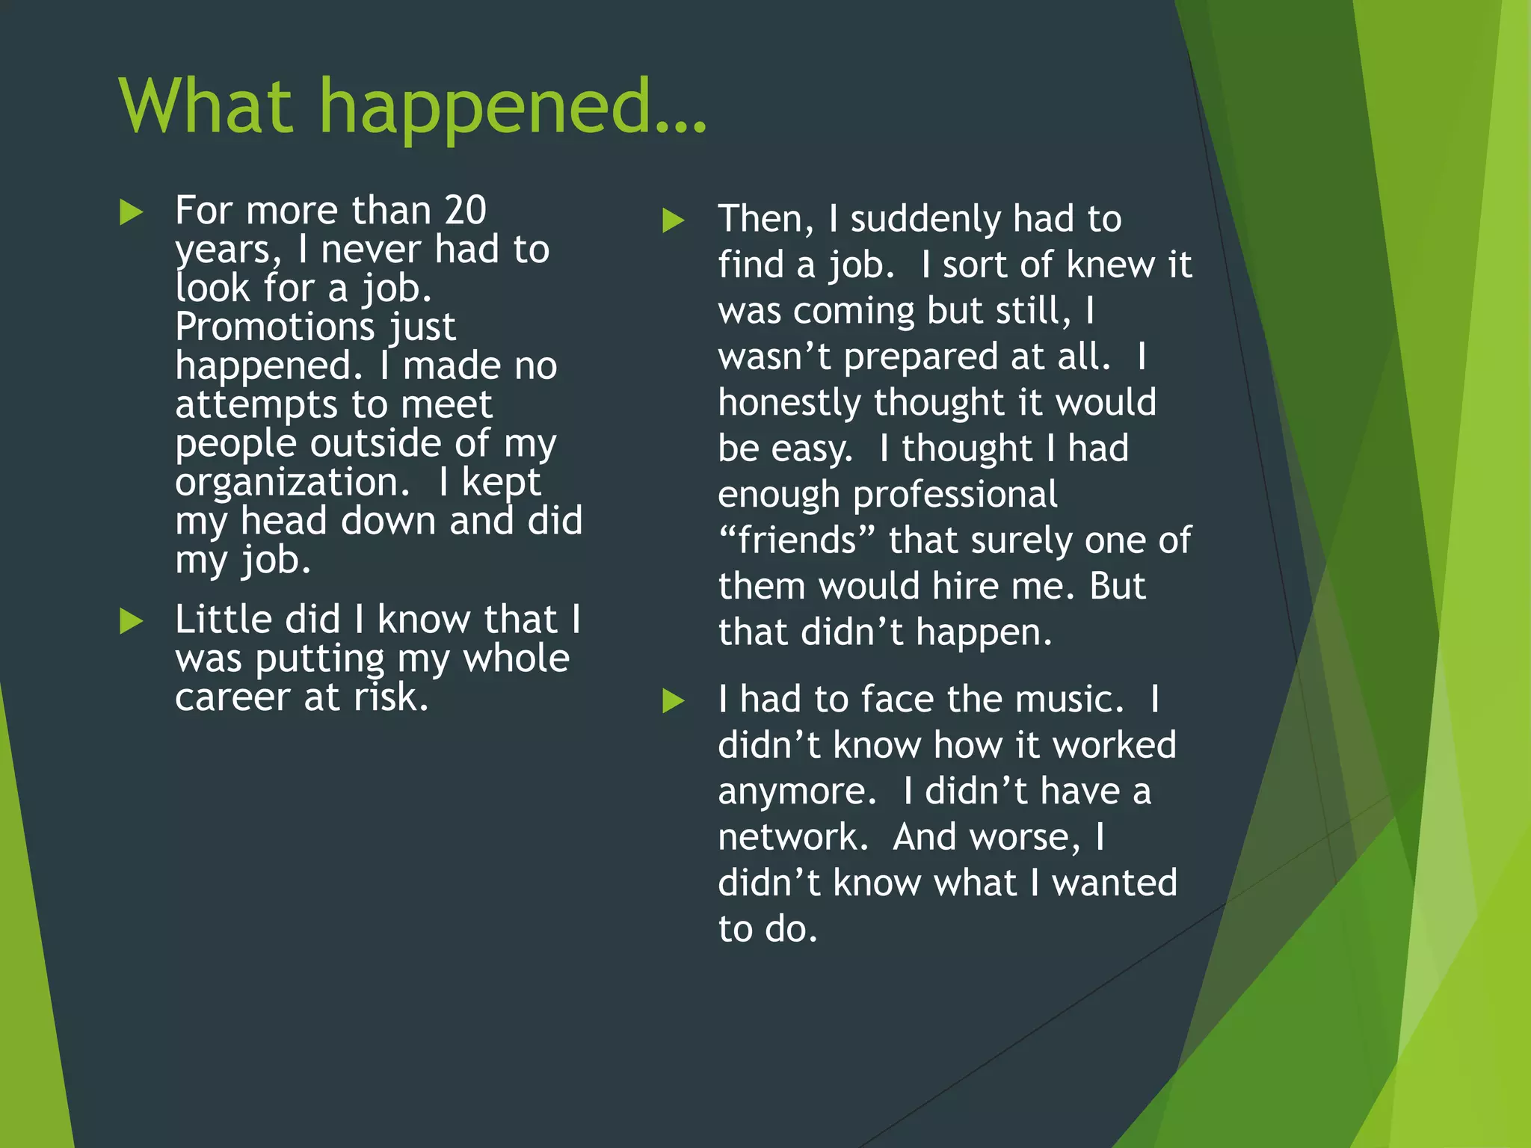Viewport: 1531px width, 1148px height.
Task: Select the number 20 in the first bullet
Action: tap(465, 210)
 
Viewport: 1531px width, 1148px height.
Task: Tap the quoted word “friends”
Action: tap(797, 540)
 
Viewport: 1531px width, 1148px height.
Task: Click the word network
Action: tap(792, 837)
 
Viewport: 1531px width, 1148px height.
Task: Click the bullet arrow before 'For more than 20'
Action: tap(131, 213)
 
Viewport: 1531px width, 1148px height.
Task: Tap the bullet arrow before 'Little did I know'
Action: tap(131, 621)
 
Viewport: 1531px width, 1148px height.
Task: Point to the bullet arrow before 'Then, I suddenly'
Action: tap(674, 221)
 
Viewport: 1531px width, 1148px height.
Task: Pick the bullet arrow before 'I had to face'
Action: tap(674, 701)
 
